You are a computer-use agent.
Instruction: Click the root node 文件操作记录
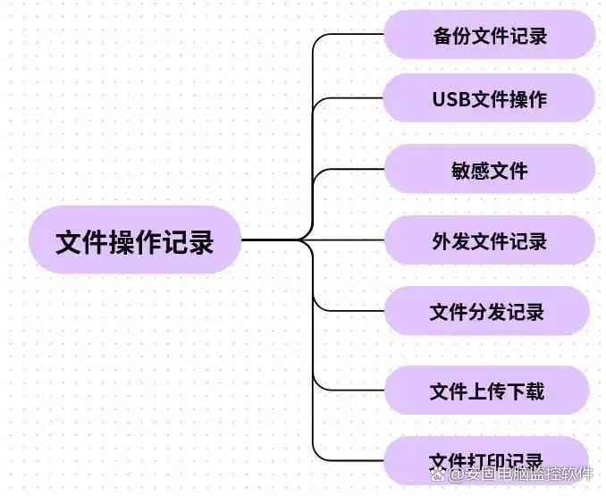click(x=134, y=240)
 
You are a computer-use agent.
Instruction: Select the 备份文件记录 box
click(x=489, y=36)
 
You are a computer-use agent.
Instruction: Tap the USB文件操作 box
click(x=489, y=98)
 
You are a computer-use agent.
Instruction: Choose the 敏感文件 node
click(x=489, y=169)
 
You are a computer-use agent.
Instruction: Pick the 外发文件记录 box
click(x=489, y=240)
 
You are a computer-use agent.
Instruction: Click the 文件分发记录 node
click(x=487, y=312)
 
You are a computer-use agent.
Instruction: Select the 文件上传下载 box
click(x=487, y=391)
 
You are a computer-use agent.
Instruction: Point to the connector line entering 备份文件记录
click(x=353, y=35)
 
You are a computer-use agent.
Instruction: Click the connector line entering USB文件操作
click(x=353, y=98)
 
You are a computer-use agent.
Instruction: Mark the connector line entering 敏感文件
click(x=353, y=169)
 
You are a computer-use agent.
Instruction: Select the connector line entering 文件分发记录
click(x=353, y=312)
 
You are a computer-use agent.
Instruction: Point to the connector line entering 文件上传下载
click(x=353, y=391)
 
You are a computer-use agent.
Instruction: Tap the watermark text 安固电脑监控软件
click(x=527, y=475)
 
